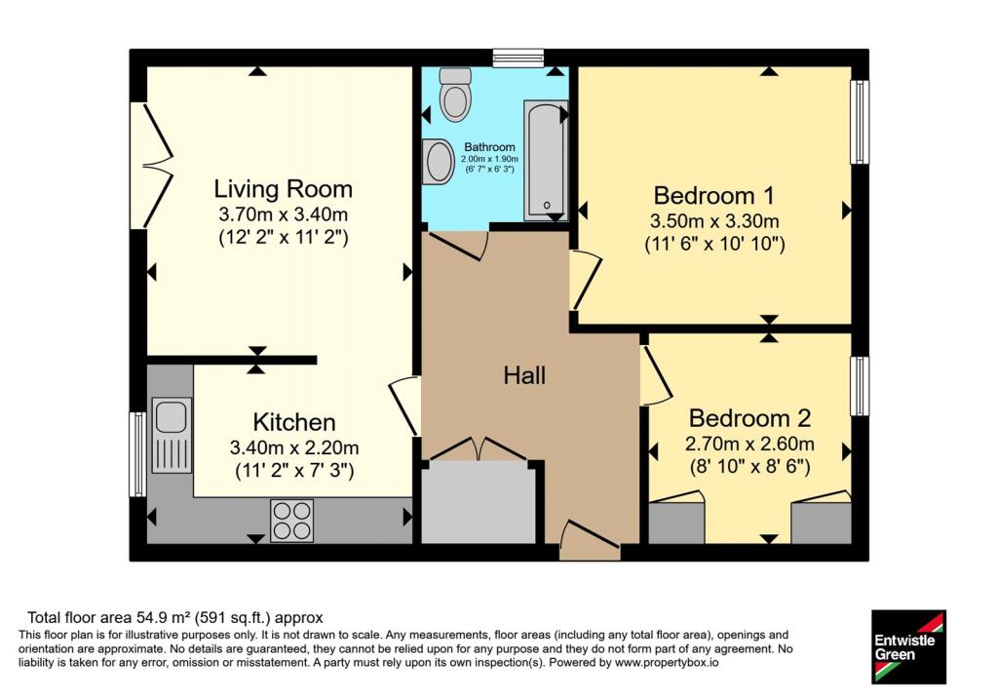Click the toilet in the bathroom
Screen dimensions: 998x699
[455, 95]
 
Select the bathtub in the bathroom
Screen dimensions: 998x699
[546, 161]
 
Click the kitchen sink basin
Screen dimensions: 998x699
[171, 416]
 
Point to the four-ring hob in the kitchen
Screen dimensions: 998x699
[291, 521]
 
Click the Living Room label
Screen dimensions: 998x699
[283, 189]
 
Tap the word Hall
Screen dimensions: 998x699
[524, 375]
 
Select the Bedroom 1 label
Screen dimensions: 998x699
[714, 195]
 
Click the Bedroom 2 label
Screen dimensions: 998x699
[749, 418]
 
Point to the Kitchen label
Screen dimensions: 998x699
[294, 422]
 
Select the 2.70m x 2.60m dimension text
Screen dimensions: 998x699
[749, 443]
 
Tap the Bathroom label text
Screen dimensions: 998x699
[489, 147]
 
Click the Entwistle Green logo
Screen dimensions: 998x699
[908, 646]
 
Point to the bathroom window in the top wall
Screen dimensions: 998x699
[518, 58]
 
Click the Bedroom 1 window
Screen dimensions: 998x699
[860, 122]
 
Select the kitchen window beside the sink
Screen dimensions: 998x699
[138, 454]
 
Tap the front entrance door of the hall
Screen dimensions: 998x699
[590, 540]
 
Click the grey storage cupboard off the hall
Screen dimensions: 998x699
[479, 503]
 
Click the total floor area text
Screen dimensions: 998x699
[175, 617]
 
